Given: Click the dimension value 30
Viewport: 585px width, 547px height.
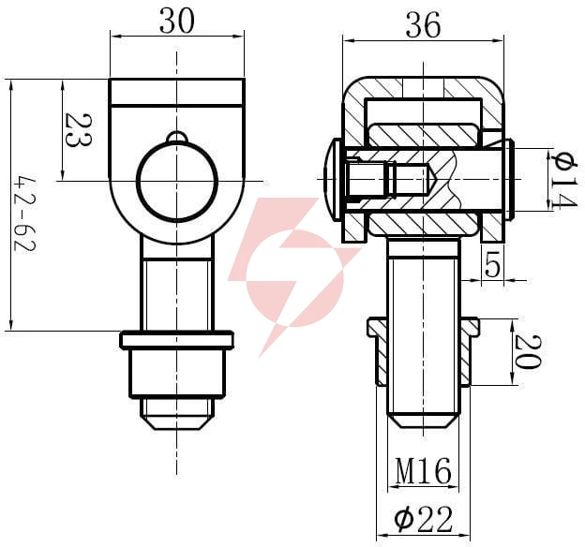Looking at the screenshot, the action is click(177, 22).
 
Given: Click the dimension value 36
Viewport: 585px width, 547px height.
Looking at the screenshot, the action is click(423, 25).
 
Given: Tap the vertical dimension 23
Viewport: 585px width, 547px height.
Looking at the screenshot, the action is click(78, 130).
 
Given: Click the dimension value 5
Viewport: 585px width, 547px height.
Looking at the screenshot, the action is click(492, 263).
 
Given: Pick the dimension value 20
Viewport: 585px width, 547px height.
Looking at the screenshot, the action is click(527, 351).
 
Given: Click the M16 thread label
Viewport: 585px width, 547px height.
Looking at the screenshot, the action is click(423, 471).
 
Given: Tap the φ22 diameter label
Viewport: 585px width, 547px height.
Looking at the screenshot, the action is click(423, 519).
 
